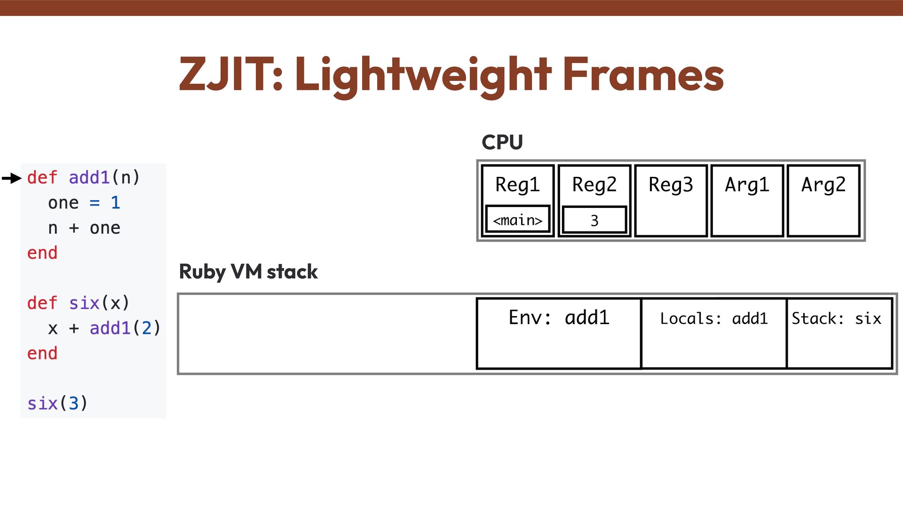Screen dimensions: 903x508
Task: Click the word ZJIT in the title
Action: pos(230,74)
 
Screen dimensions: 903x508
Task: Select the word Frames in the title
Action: pos(643,74)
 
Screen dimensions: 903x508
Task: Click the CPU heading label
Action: pos(502,142)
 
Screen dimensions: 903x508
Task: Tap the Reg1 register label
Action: pos(517,184)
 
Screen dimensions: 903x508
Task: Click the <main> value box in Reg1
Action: pos(517,219)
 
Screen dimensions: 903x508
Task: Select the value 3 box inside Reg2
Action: pos(594,220)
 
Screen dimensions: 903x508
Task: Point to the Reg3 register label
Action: pos(671,184)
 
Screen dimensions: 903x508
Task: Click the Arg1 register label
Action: pos(747,184)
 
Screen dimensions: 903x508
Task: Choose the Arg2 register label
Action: pos(824,184)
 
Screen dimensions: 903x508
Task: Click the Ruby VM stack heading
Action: pos(248,272)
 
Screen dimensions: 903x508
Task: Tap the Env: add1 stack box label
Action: pos(559,318)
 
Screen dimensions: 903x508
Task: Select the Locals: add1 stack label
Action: pos(713,318)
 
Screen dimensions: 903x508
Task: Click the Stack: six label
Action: pos(836,318)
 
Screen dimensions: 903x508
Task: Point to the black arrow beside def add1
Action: pos(12,178)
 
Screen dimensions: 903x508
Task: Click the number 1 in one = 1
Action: pos(115,203)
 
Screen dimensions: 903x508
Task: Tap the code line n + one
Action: pos(84,228)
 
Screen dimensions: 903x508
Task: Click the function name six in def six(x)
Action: pos(84,303)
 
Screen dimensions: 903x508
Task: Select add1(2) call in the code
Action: pos(125,328)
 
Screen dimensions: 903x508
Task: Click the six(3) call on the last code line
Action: pos(57,403)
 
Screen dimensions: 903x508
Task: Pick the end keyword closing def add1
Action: pos(42,253)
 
